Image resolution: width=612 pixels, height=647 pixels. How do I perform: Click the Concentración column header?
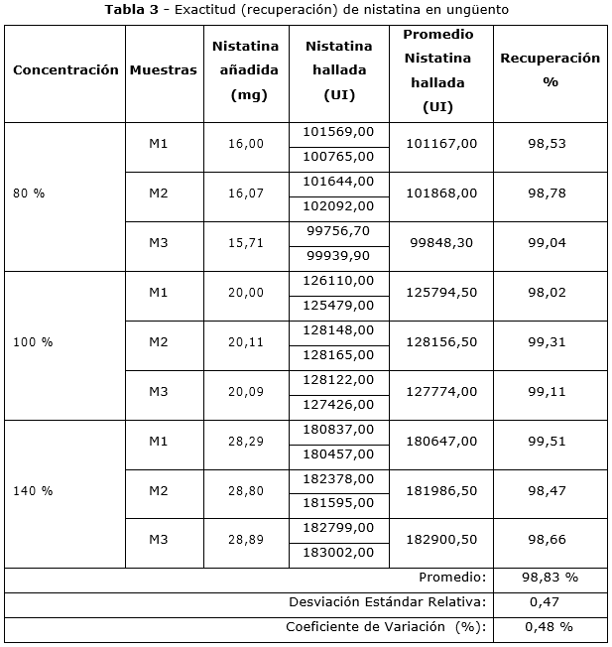65,70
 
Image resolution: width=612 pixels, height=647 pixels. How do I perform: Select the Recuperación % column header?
550,70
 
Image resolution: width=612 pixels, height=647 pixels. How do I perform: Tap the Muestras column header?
163,70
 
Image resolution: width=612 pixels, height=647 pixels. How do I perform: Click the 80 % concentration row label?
29,194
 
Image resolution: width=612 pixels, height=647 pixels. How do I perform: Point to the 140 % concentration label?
33,490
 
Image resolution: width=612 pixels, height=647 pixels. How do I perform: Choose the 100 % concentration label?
33,341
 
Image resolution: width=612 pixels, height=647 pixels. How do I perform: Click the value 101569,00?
338,132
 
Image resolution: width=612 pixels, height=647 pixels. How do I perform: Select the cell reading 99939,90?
338,255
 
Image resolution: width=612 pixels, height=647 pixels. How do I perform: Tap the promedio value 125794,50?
441,293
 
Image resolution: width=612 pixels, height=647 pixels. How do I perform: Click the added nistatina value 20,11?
246,341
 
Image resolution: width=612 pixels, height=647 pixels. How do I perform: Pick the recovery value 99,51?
547,441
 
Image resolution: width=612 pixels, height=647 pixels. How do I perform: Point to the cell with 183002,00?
338,552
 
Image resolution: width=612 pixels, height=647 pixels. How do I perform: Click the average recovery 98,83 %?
550,577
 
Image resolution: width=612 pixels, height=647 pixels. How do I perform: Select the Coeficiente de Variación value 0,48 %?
551,626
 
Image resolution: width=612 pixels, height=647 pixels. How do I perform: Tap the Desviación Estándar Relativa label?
387,601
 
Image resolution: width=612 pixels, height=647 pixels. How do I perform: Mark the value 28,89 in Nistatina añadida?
246,540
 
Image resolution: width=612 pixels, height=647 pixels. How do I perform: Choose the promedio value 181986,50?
441,490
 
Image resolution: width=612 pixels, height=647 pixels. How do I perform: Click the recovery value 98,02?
547,293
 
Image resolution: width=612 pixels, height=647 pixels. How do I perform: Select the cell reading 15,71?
246,243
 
